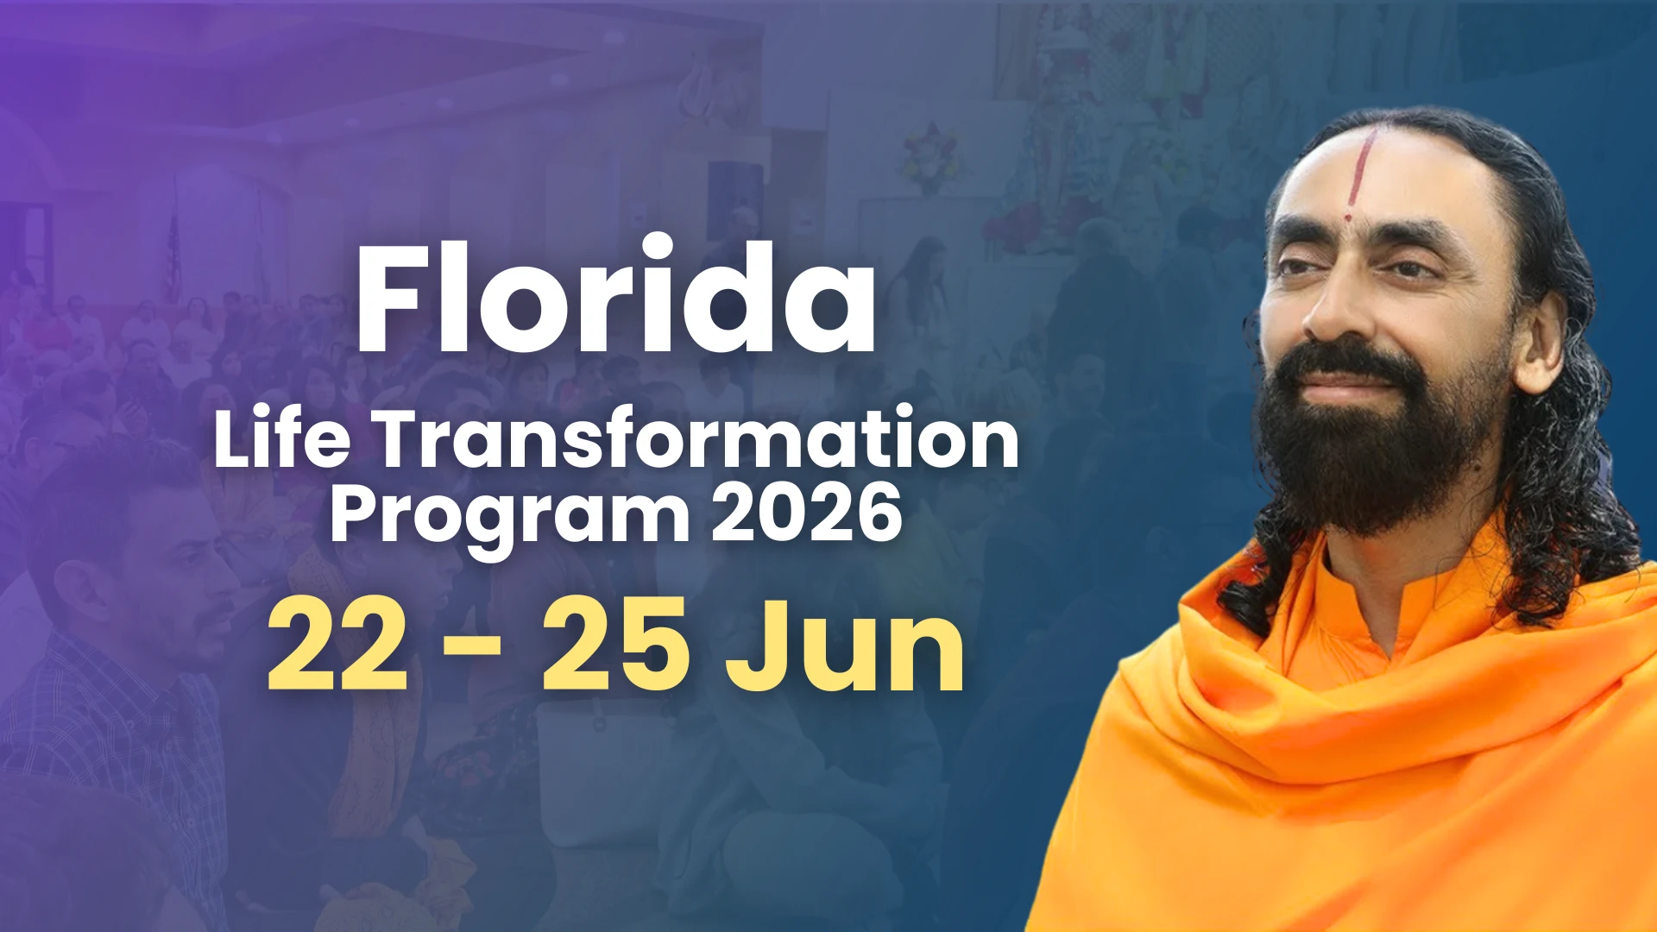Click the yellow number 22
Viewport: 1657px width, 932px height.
coord(337,645)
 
